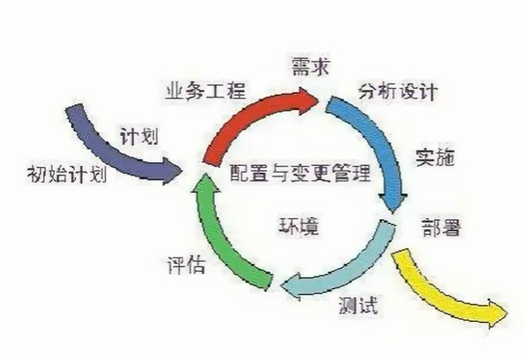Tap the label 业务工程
[x=195, y=89]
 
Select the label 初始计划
[x=63, y=175]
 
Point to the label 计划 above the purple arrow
[x=138, y=133]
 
